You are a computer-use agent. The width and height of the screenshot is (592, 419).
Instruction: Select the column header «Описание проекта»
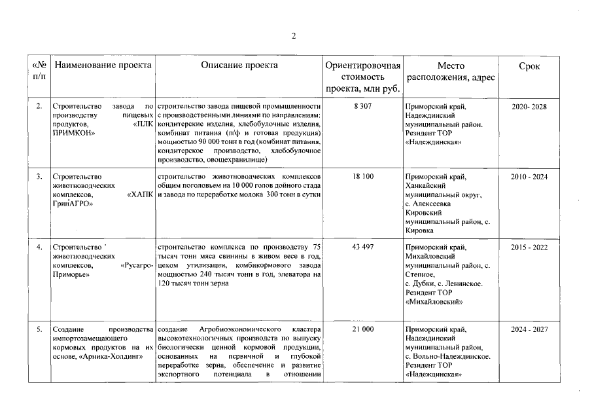coord(239,65)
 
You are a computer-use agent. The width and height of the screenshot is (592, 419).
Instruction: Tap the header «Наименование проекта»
coord(103,65)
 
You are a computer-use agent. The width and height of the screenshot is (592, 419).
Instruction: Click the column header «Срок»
coord(529,66)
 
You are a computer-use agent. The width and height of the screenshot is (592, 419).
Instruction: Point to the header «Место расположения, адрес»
coord(451,72)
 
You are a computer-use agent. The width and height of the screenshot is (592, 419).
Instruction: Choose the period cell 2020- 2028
coord(529,106)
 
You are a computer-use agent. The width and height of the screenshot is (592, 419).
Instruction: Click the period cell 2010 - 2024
coord(529,177)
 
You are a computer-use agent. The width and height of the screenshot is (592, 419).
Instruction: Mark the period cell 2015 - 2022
coord(529,247)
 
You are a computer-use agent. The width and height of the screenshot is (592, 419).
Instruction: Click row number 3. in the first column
coord(39,177)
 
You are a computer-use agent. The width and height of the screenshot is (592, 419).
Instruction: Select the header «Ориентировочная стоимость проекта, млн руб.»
coord(363,77)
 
